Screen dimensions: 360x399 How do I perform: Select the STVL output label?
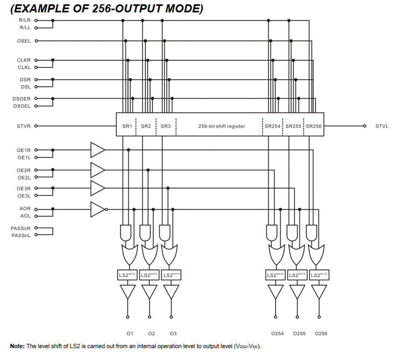click(x=382, y=126)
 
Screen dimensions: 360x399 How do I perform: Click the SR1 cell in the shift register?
click(x=127, y=126)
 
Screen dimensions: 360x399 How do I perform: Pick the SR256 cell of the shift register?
click(x=313, y=126)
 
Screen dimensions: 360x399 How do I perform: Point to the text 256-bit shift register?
click(x=221, y=126)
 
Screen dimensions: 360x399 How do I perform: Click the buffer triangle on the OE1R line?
click(x=97, y=149)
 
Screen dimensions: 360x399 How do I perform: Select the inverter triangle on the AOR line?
click(x=97, y=209)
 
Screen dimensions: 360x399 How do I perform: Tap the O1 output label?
click(x=130, y=334)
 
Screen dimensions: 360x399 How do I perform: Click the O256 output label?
click(x=321, y=334)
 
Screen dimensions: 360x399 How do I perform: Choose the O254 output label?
click(x=277, y=334)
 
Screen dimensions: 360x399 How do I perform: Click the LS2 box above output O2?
click(x=149, y=275)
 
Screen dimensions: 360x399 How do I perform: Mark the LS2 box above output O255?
click(x=298, y=275)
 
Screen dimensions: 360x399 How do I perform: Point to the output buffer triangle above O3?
click(x=171, y=292)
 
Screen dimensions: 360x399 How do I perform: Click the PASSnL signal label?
click(x=21, y=234)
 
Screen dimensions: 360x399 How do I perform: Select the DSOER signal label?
click(x=22, y=99)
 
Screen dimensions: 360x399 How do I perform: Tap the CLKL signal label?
click(x=24, y=67)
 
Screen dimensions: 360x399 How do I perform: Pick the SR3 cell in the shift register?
click(x=166, y=126)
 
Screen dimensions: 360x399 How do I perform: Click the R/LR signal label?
click(x=25, y=20)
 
